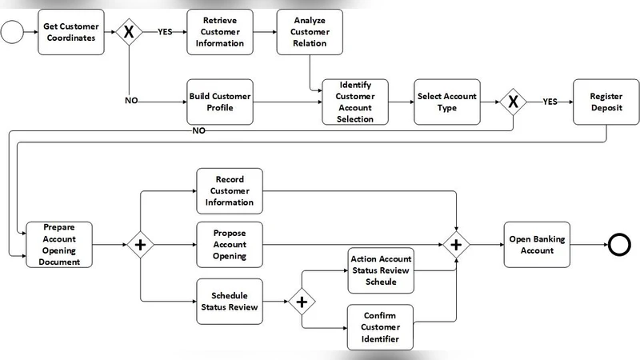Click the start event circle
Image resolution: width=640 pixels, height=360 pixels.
point(12,32)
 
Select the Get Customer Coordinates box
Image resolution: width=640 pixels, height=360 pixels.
point(71,32)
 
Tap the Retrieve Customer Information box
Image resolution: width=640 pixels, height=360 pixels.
point(220,32)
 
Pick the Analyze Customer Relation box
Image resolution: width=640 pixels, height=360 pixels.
point(310,32)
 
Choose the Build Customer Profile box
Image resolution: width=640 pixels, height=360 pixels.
point(220,102)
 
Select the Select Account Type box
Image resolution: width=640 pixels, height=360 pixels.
point(446,102)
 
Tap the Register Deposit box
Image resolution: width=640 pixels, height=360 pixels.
point(606,102)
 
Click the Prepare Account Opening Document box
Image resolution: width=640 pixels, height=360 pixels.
point(60,245)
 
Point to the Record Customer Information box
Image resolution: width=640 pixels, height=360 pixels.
point(230,191)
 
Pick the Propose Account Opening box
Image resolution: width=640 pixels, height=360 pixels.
point(230,245)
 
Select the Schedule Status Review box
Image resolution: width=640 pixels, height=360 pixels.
point(230,300)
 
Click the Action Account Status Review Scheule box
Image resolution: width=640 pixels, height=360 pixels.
point(380,270)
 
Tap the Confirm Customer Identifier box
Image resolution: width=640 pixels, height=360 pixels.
point(380,326)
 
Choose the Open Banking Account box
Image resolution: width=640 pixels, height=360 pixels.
point(537,245)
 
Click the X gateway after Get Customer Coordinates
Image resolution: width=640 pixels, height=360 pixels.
point(129,32)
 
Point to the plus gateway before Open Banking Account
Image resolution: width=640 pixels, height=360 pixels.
point(457,245)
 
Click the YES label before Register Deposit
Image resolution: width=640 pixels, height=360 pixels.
point(550,102)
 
